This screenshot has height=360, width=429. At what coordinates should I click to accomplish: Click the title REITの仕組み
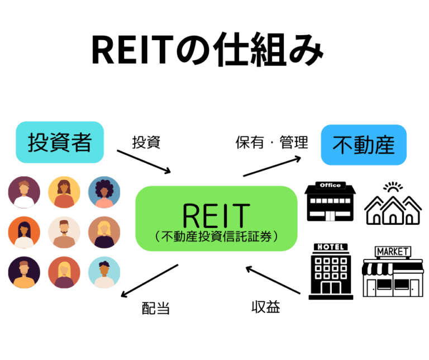pos(207,50)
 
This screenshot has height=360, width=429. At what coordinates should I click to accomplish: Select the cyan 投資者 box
pos(60,142)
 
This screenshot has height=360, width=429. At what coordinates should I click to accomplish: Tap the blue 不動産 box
pos(364,145)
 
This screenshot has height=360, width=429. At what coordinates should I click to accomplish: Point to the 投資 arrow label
pos(146,142)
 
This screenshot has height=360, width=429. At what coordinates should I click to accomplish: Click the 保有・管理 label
pos(271,142)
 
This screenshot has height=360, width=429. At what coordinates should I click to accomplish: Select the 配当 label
pos(156,308)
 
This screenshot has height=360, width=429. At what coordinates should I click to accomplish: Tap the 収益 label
pos(265,306)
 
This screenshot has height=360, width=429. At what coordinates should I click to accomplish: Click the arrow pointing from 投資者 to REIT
pos(144,162)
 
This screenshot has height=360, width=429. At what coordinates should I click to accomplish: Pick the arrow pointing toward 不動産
pos(272,166)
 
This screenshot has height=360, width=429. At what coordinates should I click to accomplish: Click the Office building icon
pos(331,202)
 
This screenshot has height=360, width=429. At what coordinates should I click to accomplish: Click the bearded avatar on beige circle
pos(64,232)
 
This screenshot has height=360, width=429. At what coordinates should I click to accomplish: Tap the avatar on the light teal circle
pos(104,272)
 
